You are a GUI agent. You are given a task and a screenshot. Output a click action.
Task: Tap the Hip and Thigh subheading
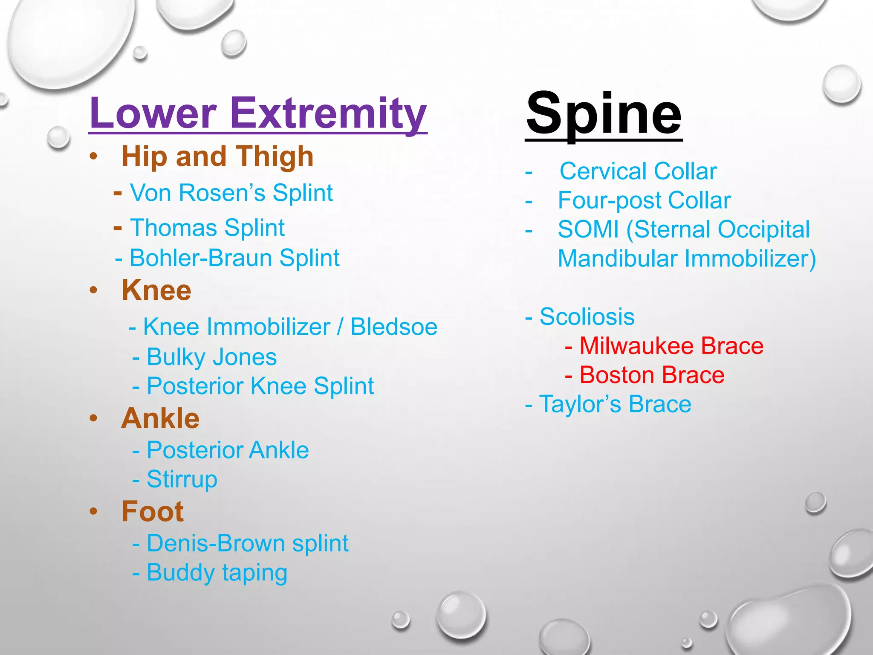coord(217,156)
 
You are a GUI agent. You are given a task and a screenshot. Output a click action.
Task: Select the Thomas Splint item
coord(207,227)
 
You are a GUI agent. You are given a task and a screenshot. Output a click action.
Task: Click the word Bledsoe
coord(393,327)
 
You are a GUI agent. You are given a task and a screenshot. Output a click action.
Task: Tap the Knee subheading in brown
coord(156,290)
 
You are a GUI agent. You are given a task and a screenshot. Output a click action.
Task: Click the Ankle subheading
coord(160,418)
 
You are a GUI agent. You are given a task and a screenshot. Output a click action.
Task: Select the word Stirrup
coord(182,479)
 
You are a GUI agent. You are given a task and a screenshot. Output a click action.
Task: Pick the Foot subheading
coord(153,511)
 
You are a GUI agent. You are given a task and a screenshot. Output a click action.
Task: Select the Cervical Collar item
coord(638,171)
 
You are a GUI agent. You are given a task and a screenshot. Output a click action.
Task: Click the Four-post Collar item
coord(644,200)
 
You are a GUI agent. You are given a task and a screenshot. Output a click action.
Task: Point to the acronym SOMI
coord(588,229)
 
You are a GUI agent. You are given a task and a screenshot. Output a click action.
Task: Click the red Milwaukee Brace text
coord(671,346)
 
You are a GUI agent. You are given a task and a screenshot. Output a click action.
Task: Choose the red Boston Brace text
coord(651,375)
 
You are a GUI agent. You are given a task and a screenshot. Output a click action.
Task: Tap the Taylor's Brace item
coord(615,404)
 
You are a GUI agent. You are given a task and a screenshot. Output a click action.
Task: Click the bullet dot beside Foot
coord(94,511)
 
